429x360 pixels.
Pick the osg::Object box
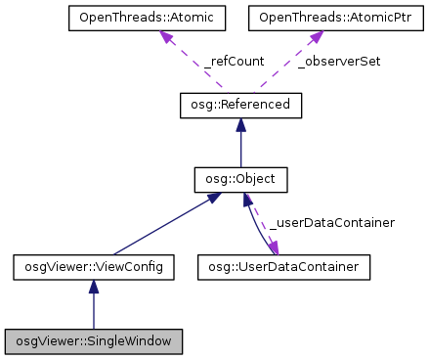[240, 180]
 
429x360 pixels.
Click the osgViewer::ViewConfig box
[94, 265]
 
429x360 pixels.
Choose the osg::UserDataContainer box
[284, 265]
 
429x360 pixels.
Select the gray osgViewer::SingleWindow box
[94, 341]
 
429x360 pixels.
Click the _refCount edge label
[234, 61]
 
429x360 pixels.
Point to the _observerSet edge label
[338, 61]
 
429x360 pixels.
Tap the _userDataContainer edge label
[331, 223]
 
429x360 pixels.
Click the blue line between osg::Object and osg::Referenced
[240, 147]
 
